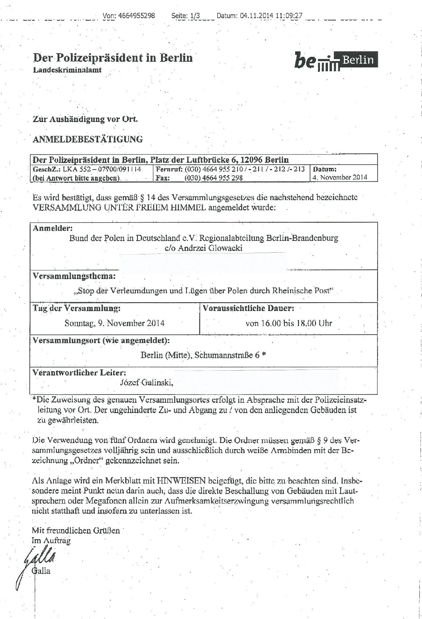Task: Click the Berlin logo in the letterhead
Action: (x=336, y=61)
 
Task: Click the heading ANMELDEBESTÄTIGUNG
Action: (x=88, y=139)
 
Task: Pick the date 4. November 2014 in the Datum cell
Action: (x=340, y=177)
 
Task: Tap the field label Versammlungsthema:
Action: (x=74, y=276)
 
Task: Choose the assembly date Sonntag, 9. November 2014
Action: (x=114, y=323)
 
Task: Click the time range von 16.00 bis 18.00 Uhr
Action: (x=288, y=323)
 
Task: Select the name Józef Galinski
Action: (x=147, y=382)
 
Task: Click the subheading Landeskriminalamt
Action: (x=67, y=70)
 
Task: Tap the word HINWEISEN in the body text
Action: (x=181, y=481)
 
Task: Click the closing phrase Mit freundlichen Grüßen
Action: (x=76, y=530)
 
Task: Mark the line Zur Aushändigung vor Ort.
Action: (x=85, y=119)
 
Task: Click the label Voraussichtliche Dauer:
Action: (x=248, y=308)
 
